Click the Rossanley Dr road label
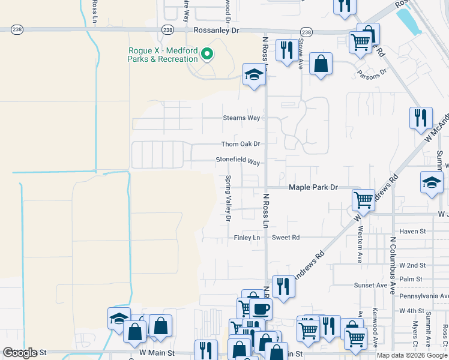(215, 30)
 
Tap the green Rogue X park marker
(208, 55)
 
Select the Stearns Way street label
(241, 118)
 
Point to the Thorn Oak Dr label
(241, 144)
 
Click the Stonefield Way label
(238, 162)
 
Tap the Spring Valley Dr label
(228, 198)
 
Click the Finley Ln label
(247, 238)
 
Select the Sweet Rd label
(286, 238)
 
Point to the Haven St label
(412, 231)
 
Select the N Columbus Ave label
(393, 264)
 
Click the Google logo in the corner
(20, 352)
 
